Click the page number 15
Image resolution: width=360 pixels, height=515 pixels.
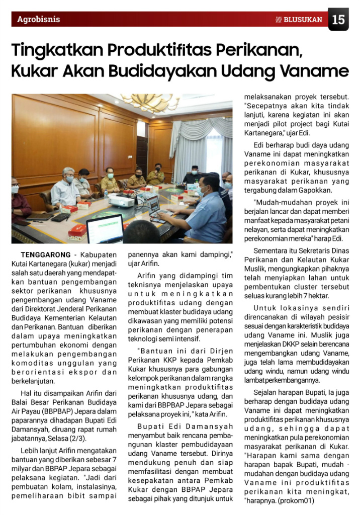338,20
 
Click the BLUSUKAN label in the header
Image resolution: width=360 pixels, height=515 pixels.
302,20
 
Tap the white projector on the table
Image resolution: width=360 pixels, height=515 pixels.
121,201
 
